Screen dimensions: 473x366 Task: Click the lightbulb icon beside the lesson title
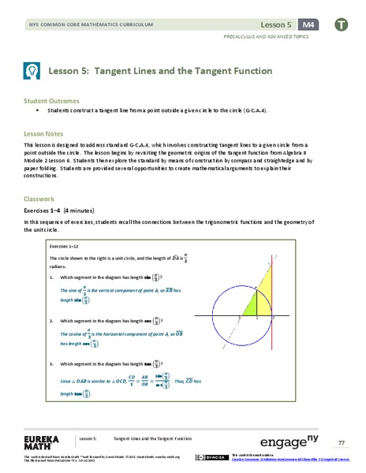pos(32,72)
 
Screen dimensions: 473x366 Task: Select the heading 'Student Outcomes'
pos(53,101)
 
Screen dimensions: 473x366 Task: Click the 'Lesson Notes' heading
pos(47,135)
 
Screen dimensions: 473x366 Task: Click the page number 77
pos(342,442)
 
